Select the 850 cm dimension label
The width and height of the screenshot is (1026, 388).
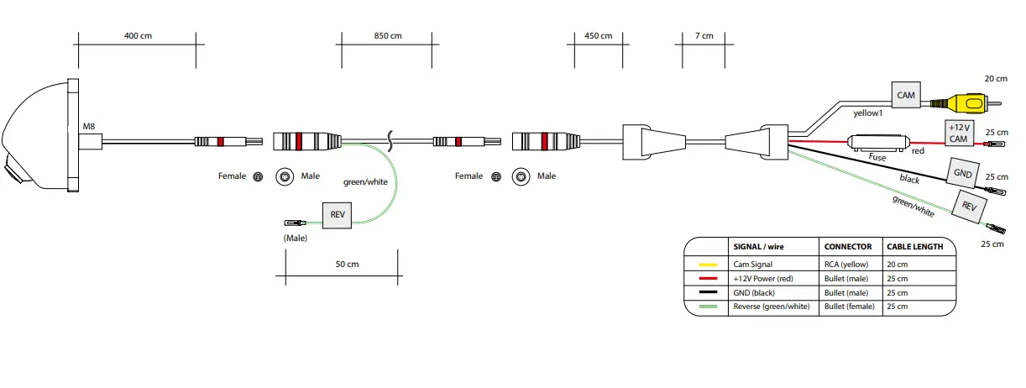(385, 36)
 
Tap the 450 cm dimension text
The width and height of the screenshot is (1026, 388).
(599, 36)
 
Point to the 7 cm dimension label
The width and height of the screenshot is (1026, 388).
(704, 36)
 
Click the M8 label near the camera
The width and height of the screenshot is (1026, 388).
(89, 127)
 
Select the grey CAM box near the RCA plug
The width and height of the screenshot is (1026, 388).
(905, 95)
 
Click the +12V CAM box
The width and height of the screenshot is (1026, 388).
(959, 132)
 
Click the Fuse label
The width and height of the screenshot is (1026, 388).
(877, 157)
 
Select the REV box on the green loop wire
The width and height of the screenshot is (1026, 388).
(338, 214)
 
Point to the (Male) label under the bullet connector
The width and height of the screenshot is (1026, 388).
(296, 239)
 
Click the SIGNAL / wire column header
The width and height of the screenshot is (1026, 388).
(760, 247)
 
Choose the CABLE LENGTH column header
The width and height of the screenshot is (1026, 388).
(914, 247)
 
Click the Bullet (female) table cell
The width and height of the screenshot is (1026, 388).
(849, 307)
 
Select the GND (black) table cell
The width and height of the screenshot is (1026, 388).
(753, 292)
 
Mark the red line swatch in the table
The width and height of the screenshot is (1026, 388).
(708, 278)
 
